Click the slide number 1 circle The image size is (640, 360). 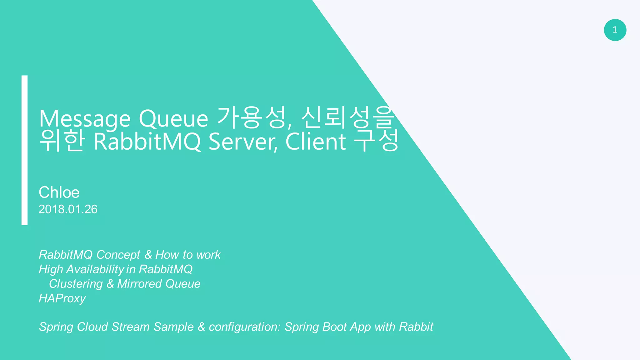pyautogui.click(x=615, y=30)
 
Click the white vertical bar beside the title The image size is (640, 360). pyautogui.click(x=24, y=150)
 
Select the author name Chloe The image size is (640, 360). pyautogui.click(x=59, y=192)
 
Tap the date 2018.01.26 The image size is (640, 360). pyautogui.click(x=68, y=209)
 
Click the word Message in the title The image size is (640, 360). pyautogui.click(x=85, y=119)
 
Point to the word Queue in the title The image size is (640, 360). pyautogui.click(x=173, y=119)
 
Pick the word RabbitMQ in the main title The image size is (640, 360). pyautogui.click(x=147, y=142)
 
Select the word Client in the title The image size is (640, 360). pyautogui.click(x=316, y=142)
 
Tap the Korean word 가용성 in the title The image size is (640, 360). pyautogui.click(x=252, y=118)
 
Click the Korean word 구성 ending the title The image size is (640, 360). pyautogui.click(x=376, y=141)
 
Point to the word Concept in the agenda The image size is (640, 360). pyautogui.click(x=118, y=255)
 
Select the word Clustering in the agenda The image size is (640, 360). pyautogui.click(x=76, y=284)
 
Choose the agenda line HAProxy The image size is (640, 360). pyautogui.click(x=62, y=298)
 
